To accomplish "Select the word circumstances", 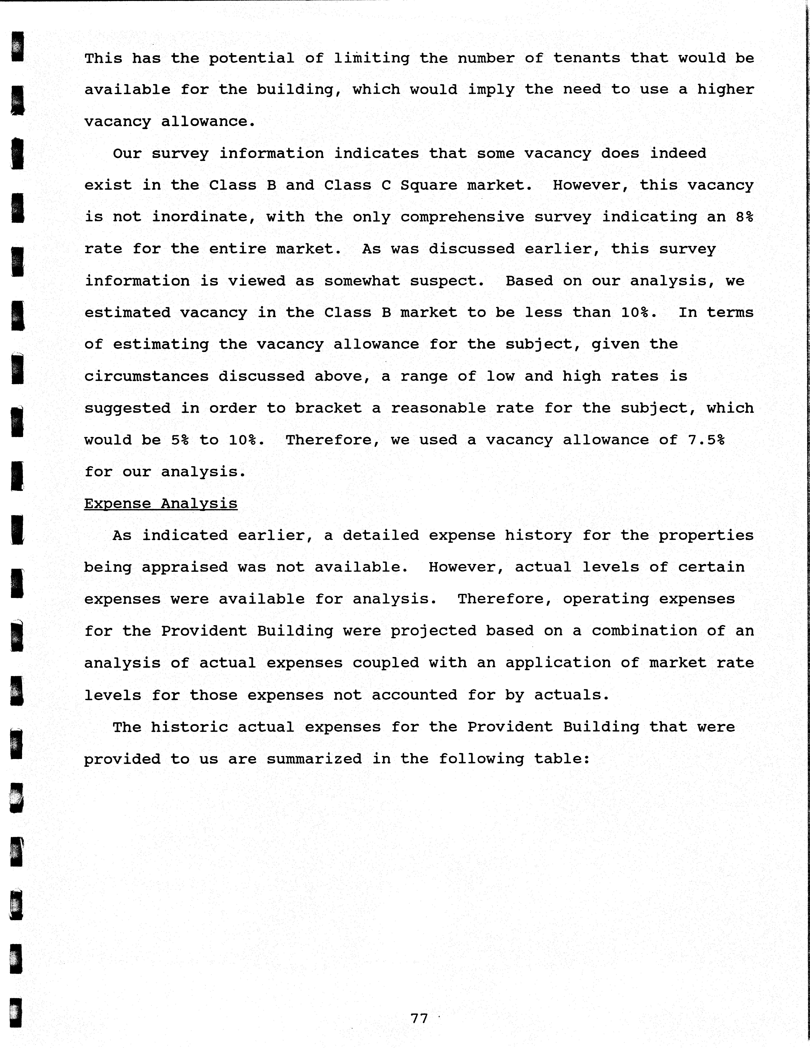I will pyautogui.click(x=146, y=376).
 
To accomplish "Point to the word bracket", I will pyautogui.click(x=328, y=408).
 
